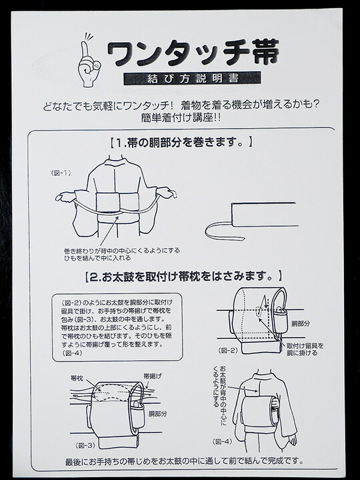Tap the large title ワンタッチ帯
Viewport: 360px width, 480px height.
coord(193,53)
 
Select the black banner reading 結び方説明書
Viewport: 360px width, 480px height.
coord(192,79)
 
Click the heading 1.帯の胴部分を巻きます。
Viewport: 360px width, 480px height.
coord(181,143)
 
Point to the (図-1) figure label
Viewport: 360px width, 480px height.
coord(61,173)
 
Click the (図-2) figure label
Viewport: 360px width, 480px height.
coord(228,351)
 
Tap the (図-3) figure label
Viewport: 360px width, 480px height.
coord(85,445)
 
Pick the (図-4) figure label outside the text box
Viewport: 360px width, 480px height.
coord(222,441)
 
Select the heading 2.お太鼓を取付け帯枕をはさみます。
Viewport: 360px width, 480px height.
coord(183,277)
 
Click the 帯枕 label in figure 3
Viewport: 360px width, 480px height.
coord(77,378)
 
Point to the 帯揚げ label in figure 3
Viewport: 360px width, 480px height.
coord(153,376)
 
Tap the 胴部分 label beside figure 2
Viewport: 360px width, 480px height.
coord(300,323)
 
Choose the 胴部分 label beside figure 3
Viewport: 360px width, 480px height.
coord(158,414)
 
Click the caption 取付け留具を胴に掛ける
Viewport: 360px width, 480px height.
coord(305,349)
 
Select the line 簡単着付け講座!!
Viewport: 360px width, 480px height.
coord(181,117)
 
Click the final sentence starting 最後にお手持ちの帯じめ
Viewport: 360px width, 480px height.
coord(184,461)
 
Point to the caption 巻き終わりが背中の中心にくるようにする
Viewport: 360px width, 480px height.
coord(122,251)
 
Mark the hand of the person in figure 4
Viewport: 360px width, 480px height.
coord(292,439)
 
